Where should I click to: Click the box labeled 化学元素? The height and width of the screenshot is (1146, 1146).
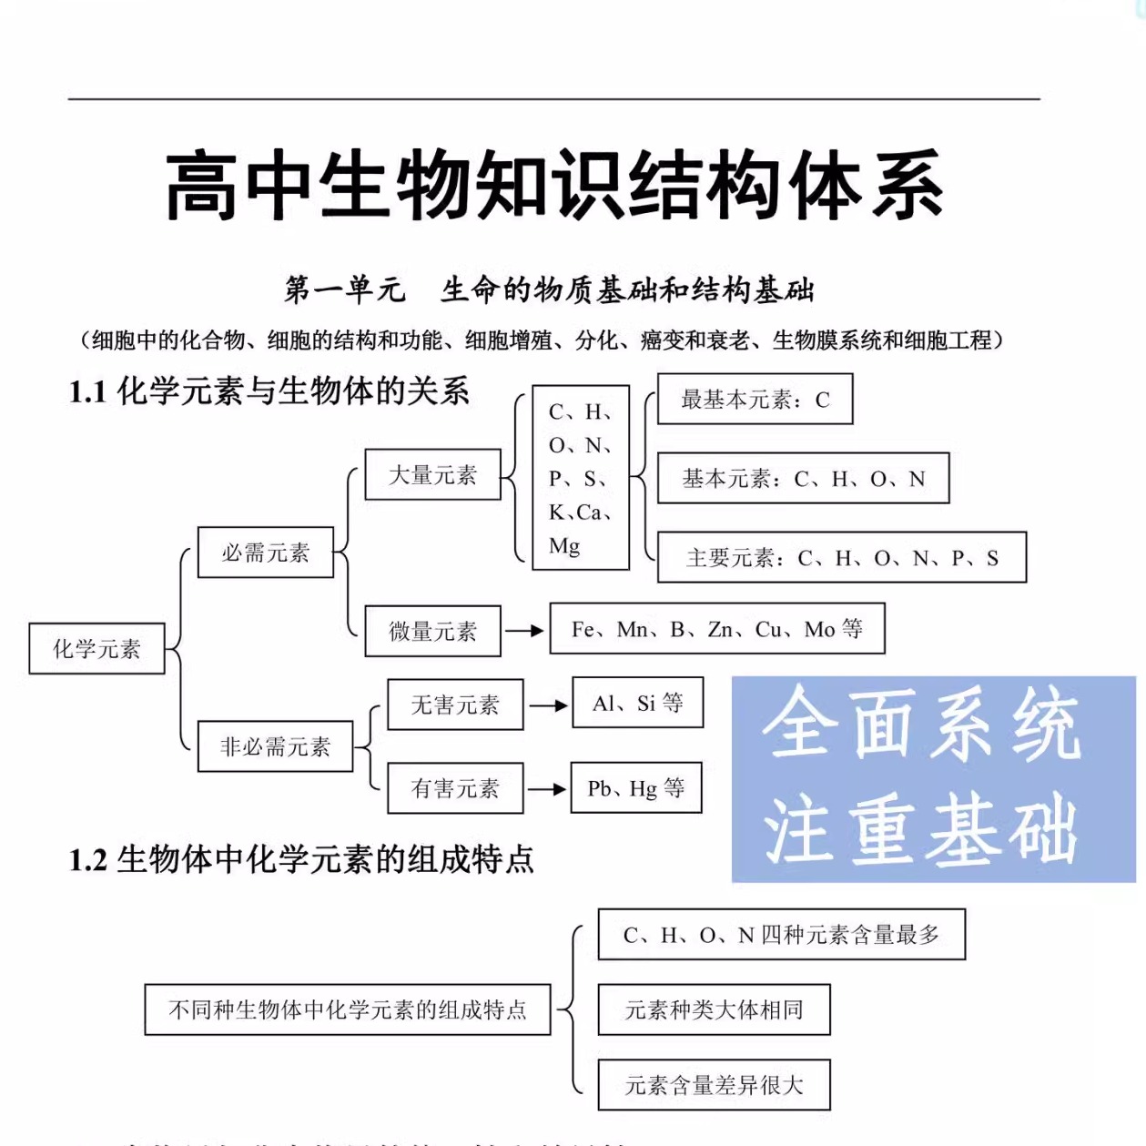point(96,648)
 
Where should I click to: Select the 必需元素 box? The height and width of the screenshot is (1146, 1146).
point(266,552)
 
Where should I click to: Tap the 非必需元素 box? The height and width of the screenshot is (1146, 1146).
point(275,746)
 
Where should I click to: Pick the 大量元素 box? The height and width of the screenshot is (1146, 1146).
point(432,474)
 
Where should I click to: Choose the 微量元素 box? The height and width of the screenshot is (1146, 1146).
point(432,631)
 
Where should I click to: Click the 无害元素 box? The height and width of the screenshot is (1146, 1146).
point(455,705)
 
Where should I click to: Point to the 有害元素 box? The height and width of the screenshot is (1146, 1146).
point(455,788)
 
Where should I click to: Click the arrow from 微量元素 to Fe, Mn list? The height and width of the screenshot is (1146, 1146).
point(524,630)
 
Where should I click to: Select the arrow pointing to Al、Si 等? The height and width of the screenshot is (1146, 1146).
point(548,705)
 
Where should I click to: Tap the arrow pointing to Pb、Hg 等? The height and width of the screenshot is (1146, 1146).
point(546,788)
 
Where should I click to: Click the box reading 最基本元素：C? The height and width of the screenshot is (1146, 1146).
point(755,399)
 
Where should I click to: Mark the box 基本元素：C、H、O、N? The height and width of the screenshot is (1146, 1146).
point(803,478)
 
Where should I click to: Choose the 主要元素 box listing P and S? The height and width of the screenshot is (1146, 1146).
point(841,557)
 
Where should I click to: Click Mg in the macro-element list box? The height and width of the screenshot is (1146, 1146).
point(564,546)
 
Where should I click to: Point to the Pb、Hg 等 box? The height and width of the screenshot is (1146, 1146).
point(636,787)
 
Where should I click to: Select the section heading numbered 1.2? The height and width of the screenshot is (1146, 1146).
point(301,859)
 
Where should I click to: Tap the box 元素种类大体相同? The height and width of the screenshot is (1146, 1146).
point(714,1009)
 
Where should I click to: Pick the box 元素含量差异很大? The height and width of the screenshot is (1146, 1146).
point(714,1085)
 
